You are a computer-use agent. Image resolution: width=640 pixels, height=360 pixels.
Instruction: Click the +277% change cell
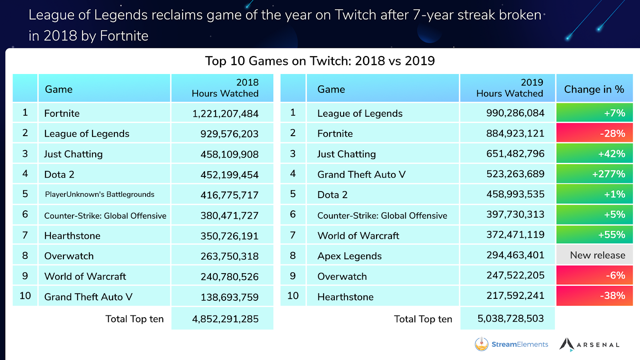pos(594,174)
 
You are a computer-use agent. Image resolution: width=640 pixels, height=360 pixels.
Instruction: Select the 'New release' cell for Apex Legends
pos(594,255)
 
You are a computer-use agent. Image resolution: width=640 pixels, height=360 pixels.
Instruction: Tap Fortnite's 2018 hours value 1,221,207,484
pos(225,114)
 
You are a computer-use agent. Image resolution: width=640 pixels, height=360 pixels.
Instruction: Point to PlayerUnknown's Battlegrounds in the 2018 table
pos(100,194)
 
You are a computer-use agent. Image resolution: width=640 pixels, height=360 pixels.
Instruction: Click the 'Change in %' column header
pos(594,89)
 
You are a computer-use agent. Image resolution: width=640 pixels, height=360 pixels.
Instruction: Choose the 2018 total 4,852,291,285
pos(225,319)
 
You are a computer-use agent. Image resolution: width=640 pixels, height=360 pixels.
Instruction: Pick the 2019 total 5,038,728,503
pos(510,318)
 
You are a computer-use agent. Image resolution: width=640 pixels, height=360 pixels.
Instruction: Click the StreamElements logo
pos(512,344)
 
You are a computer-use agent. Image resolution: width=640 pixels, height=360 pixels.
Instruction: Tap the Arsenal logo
pos(590,344)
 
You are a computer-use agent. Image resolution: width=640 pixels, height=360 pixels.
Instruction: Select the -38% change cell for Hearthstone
pos(594,296)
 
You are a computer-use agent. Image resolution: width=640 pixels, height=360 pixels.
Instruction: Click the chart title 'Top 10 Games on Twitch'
pos(320,61)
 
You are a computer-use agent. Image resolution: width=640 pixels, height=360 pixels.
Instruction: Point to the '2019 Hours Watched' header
pos(509,88)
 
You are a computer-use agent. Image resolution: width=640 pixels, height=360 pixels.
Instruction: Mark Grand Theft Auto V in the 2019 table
pos(361,174)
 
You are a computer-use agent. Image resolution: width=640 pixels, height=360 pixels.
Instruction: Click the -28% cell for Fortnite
pos(594,134)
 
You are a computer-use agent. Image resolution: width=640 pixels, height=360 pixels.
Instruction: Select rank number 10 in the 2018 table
pos(25,296)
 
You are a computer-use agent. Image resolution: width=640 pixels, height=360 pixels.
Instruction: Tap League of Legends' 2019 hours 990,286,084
pos(515,113)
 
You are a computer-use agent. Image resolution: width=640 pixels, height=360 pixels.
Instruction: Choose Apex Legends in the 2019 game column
pos(349,256)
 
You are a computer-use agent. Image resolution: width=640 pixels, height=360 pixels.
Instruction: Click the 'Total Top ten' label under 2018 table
pos(134,319)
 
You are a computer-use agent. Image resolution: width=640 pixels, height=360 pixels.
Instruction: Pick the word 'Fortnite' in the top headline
pos(124,36)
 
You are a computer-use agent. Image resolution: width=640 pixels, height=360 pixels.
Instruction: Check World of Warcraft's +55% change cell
pos(594,235)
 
